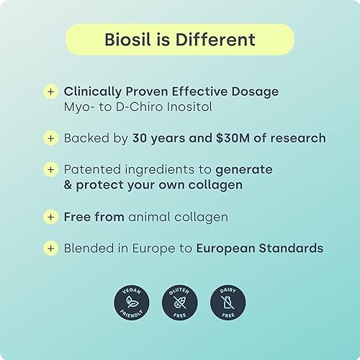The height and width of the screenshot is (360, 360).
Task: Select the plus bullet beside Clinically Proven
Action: (x=50, y=91)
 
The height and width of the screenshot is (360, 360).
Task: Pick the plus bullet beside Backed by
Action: (x=50, y=138)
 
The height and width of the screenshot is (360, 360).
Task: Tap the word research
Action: (x=299, y=138)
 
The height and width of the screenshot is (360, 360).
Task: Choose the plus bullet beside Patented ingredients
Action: (x=50, y=169)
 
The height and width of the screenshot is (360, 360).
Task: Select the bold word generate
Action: (x=244, y=169)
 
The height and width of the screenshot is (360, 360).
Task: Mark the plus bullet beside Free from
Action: (x=50, y=216)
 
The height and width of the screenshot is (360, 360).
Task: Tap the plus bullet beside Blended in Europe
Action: (x=50, y=248)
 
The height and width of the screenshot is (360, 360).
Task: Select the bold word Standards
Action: (x=292, y=248)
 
